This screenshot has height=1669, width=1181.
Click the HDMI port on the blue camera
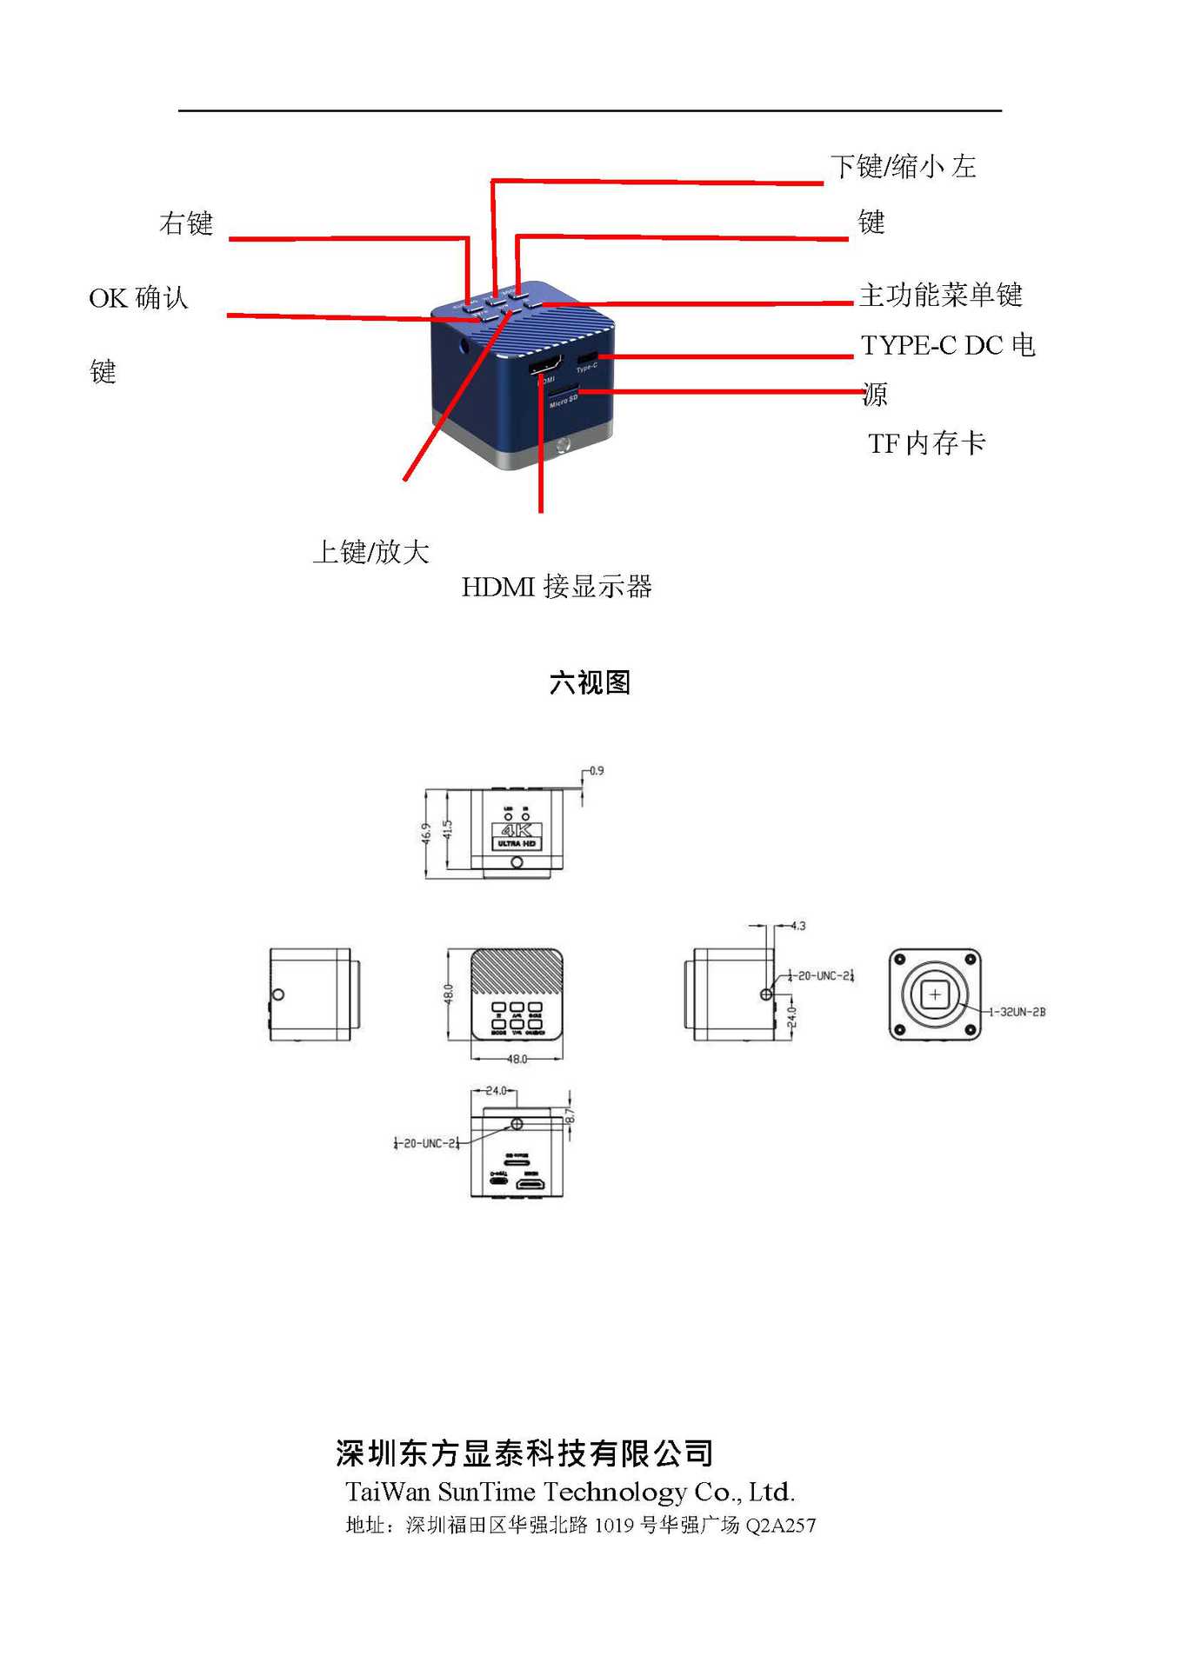[544, 366]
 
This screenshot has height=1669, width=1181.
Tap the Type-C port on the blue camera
[587, 357]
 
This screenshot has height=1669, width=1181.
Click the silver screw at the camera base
[563, 447]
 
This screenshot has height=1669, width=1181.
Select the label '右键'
[186, 223]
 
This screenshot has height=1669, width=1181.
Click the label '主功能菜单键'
[940, 295]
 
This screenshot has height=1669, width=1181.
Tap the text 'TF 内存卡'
[926, 443]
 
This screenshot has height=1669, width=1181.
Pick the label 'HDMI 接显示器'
[557, 587]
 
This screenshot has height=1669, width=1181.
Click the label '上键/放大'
[371, 552]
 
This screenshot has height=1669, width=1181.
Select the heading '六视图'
[590, 682]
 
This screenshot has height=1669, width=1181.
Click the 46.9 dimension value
[426, 833]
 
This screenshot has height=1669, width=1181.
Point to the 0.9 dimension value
[596, 771]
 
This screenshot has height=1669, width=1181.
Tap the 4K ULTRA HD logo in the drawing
[517, 835]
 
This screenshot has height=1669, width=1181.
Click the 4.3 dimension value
[797, 926]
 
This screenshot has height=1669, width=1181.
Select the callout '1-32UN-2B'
[1018, 1012]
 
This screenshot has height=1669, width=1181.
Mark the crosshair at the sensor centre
[935, 994]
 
